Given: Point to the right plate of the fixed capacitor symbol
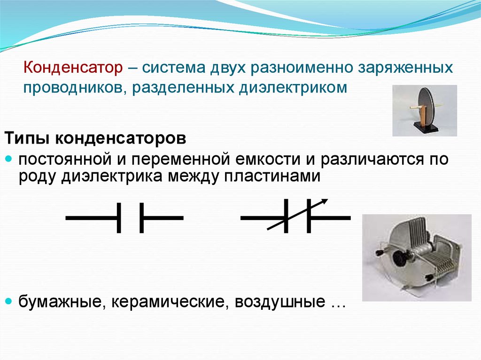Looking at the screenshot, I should [x=141, y=218].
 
